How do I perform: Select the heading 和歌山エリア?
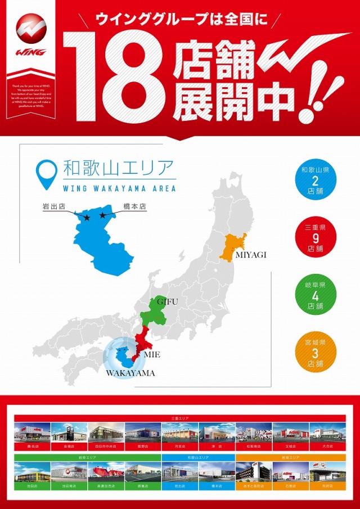click(x=119, y=168)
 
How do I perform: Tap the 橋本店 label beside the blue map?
click(x=134, y=206)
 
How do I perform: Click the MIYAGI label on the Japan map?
click(x=250, y=255)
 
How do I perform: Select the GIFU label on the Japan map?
click(x=167, y=302)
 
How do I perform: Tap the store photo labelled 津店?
click(x=217, y=434)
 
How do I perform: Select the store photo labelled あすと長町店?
click(x=253, y=474)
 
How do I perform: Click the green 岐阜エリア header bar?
click(x=87, y=458)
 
